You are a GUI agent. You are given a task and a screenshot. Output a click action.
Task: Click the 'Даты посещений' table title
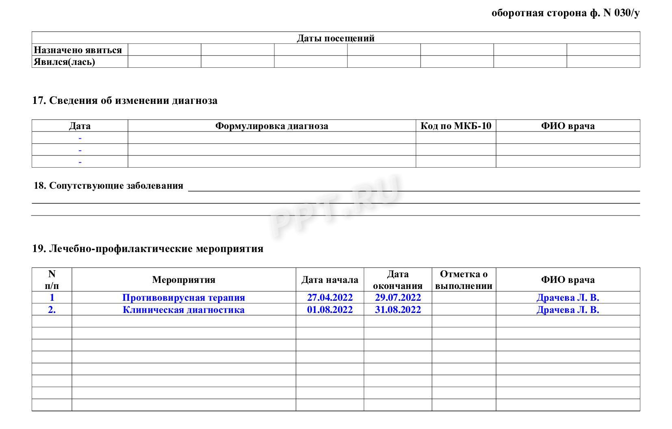click(x=336, y=38)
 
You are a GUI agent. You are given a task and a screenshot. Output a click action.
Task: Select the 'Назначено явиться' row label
click(x=78, y=50)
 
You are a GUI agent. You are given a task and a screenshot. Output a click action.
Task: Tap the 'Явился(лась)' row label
click(x=64, y=62)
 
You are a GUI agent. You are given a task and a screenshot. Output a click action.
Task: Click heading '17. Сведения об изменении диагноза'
click(x=125, y=100)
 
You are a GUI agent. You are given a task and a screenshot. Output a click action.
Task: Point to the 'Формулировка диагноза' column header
click(x=271, y=126)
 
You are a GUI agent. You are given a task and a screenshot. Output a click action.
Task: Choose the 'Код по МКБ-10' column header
click(x=455, y=126)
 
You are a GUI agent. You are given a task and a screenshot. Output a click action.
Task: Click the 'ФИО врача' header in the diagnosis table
click(x=568, y=126)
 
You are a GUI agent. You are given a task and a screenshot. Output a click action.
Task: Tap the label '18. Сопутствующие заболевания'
click(x=108, y=186)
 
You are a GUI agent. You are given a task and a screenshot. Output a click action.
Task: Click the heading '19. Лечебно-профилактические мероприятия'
click(x=148, y=248)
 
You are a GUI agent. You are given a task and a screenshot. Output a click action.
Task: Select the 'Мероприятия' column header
click(x=184, y=280)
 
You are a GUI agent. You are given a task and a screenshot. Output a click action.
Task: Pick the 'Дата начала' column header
click(x=329, y=280)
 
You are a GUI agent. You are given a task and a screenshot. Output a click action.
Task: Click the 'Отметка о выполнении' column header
click(x=464, y=280)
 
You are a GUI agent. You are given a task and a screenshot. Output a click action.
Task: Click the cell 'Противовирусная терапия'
click(x=184, y=297)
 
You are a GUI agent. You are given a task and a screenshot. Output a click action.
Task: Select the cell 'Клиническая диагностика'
click(x=184, y=310)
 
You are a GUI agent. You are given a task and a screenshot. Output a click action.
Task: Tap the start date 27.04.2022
click(x=329, y=297)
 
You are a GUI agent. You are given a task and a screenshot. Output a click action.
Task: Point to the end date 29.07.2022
click(x=397, y=297)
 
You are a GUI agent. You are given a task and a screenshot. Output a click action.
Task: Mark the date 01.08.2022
click(x=329, y=310)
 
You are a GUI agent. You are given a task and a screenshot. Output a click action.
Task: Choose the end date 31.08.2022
click(x=397, y=310)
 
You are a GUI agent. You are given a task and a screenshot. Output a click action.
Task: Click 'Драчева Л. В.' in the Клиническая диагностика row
click(x=568, y=310)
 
